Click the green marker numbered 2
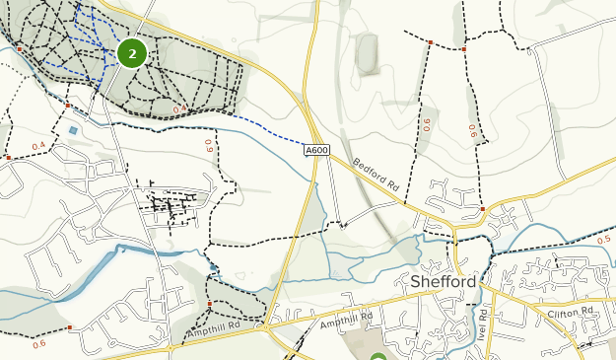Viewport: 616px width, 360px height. (x=132, y=53)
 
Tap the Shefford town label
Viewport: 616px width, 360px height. (x=443, y=282)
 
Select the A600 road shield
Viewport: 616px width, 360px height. (x=316, y=149)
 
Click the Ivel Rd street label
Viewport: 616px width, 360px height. (x=484, y=321)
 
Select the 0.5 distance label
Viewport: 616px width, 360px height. (x=604, y=239)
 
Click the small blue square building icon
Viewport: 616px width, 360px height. (x=72, y=130)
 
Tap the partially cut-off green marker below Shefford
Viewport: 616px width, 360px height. (x=379, y=357)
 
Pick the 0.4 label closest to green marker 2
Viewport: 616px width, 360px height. (x=179, y=109)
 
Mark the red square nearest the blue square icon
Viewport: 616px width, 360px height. (x=68, y=105)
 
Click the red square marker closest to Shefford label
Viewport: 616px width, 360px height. (x=482, y=208)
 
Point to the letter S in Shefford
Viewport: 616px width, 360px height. (x=415, y=282)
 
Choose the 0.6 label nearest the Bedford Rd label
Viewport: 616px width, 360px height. (x=427, y=124)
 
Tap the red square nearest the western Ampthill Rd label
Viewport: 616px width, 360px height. (x=210, y=303)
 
